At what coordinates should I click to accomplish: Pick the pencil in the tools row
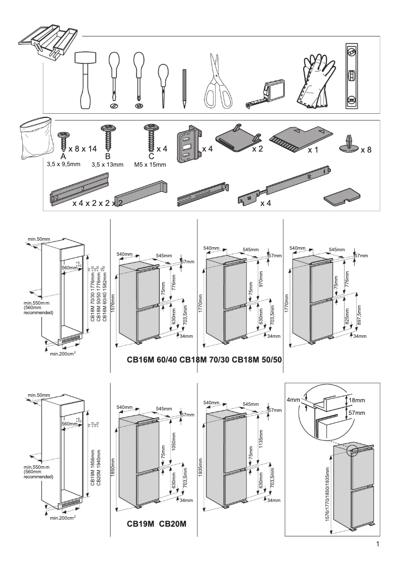184,88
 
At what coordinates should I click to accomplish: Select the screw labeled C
149,137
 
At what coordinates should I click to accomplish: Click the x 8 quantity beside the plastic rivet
366,150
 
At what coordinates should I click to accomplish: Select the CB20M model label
173,524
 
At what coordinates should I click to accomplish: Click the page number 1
377,544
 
